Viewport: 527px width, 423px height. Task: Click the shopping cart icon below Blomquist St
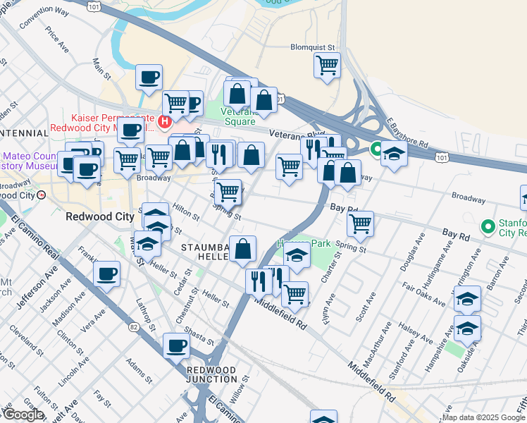(x=327, y=65)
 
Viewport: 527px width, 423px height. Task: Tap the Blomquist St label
(x=314, y=48)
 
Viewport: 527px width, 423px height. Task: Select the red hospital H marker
(x=165, y=123)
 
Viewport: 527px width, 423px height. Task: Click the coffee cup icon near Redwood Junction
(x=177, y=345)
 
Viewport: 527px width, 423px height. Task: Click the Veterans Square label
(x=240, y=116)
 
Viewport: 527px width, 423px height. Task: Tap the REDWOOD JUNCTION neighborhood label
(x=211, y=374)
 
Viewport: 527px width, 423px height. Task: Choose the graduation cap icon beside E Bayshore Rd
(x=394, y=153)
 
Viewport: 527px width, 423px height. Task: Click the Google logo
(x=23, y=415)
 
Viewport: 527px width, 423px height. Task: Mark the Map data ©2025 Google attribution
(x=483, y=417)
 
